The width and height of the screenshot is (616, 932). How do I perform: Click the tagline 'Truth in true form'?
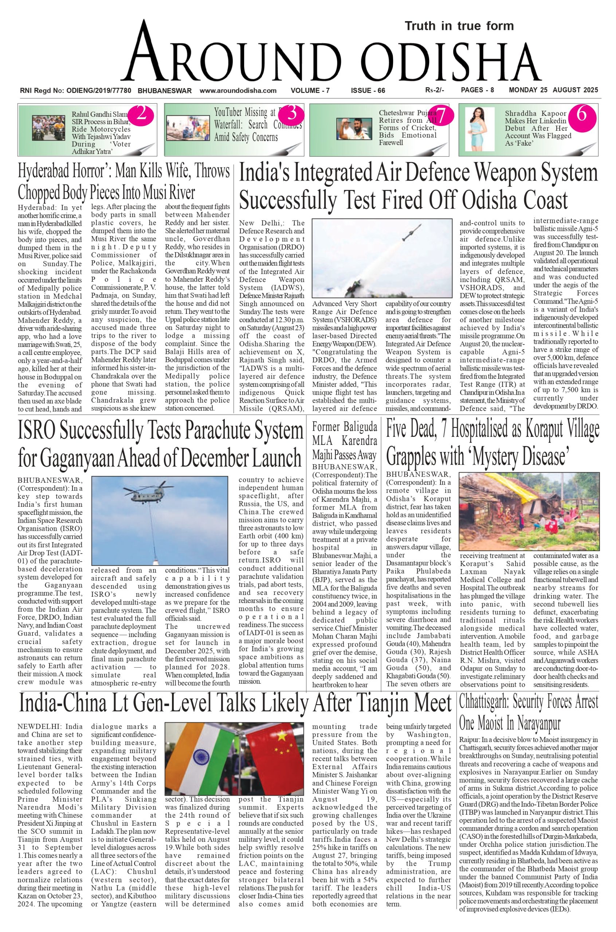click(x=459, y=26)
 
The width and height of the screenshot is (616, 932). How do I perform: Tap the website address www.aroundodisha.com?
click(x=238, y=91)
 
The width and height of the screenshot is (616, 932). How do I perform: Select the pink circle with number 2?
click(x=141, y=114)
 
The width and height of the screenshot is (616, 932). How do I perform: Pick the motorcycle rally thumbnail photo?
click(x=49, y=127)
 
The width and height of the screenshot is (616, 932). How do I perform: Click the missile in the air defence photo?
click(x=412, y=233)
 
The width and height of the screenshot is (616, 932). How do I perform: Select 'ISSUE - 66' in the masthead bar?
click(x=368, y=91)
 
